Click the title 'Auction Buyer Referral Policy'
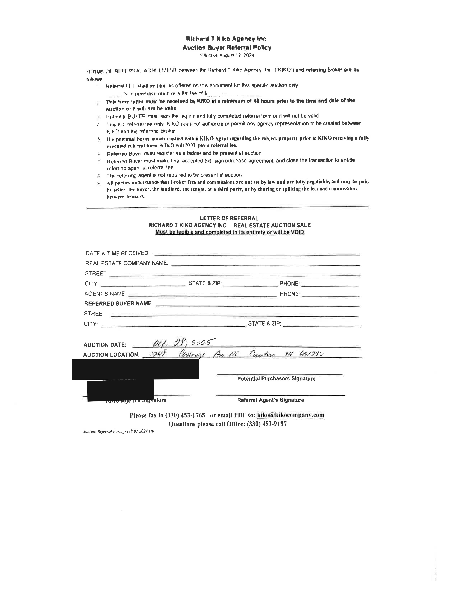click(227, 48)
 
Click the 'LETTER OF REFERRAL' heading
click(229, 218)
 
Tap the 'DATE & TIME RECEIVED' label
click(117, 253)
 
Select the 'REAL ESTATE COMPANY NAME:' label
click(127, 263)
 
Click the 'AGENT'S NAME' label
click(105, 294)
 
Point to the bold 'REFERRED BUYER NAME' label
click(118, 304)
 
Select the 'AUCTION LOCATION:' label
click(111, 355)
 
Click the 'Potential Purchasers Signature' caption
click(276, 379)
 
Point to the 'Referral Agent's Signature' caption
click(270, 400)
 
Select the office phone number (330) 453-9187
click(267, 424)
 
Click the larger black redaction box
click(135, 369)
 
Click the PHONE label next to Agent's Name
click(289, 294)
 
